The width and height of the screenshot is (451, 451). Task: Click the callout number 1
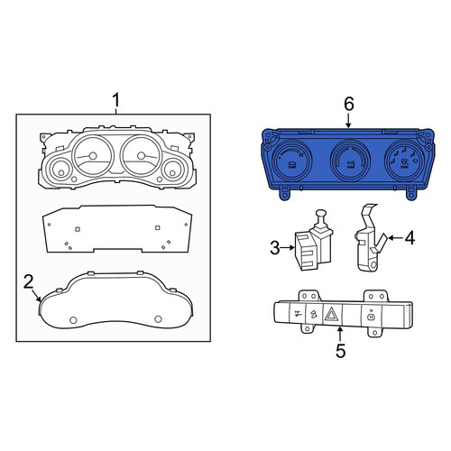pyautogui.click(x=116, y=100)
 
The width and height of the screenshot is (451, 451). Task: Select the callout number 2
pyautogui.click(x=29, y=282)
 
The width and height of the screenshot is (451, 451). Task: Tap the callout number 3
pyautogui.click(x=275, y=248)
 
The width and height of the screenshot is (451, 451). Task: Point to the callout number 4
pyautogui.click(x=410, y=238)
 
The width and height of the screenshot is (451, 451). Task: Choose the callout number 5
pyautogui.click(x=340, y=351)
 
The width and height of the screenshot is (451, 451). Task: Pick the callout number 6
pyautogui.click(x=349, y=104)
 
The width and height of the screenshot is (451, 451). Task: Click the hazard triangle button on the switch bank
pyautogui.click(x=333, y=315)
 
